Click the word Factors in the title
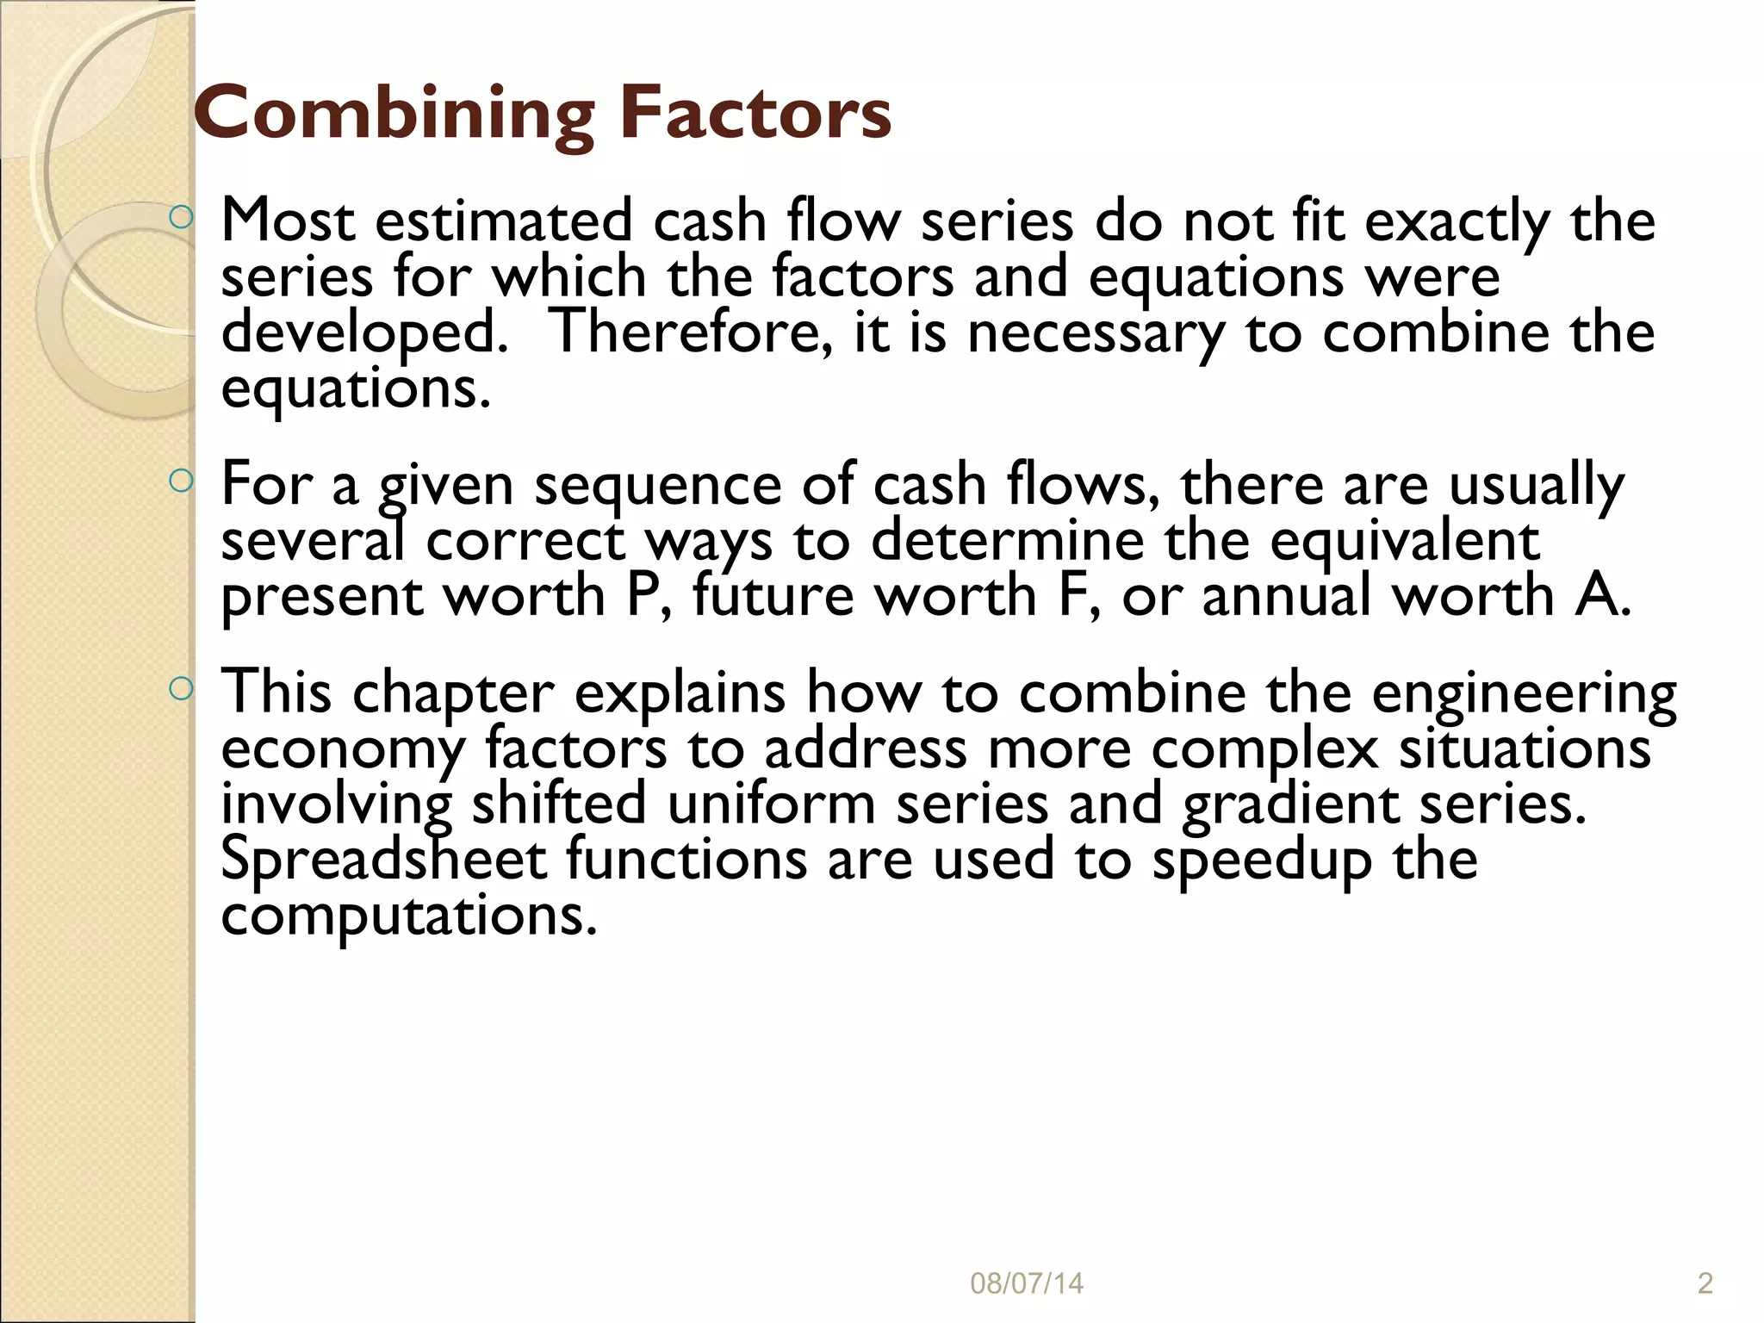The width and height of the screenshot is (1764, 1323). tap(755, 113)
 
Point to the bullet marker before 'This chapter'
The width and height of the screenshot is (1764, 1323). tap(180, 688)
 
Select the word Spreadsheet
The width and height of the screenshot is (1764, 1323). tap(384, 859)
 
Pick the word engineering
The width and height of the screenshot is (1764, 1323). tap(1524, 693)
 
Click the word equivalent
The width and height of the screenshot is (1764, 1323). tap(1405, 540)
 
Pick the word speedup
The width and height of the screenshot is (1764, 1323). tap(1262, 860)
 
